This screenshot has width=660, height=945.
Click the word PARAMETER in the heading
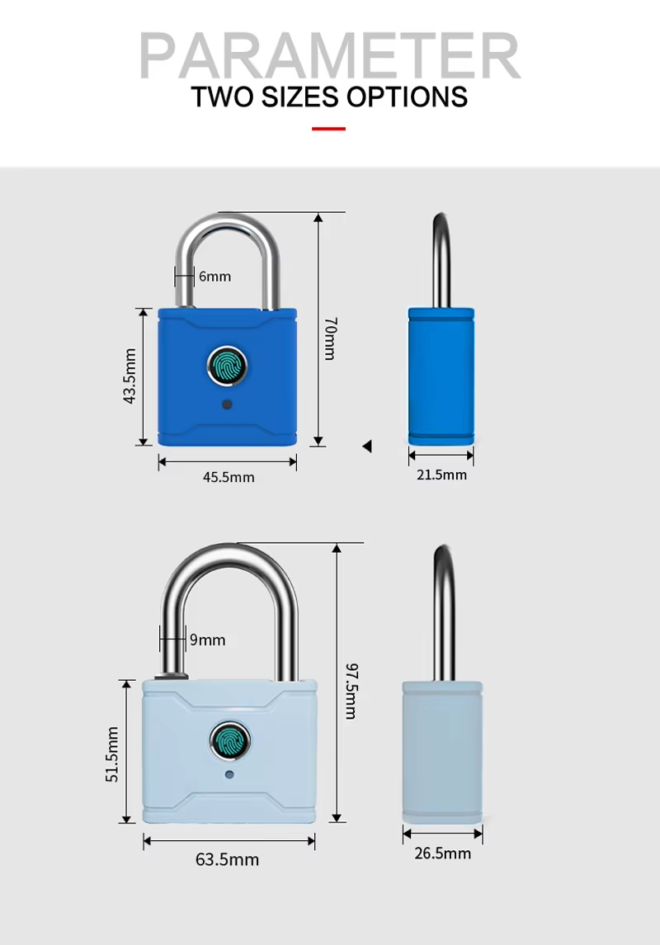(x=330, y=55)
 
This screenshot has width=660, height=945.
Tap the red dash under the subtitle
(x=329, y=129)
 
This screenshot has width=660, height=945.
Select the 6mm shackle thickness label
(x=215, y=276)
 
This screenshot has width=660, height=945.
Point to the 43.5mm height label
(x=129, y=376)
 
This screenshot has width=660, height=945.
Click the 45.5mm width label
(x=229, y=477)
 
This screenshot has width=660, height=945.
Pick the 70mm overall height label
(x=331, y=338)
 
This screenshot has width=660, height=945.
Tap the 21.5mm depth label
(x=441, y=475)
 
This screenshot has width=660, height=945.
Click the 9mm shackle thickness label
(x=208, y=640)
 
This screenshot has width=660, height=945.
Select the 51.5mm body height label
(x=112, y=754)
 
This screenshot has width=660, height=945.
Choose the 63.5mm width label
(x=227, y=859)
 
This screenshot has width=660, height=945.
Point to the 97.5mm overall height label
(x=351, y=691)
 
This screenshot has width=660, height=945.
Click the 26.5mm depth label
(x=442, y=853)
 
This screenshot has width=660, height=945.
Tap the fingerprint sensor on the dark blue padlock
(x=228, y=366)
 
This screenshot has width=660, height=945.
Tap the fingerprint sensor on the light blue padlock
(x=229, y=741)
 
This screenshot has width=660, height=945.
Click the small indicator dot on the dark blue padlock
(x=227, y=404)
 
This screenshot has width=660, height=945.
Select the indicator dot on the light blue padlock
(x=229, y=774)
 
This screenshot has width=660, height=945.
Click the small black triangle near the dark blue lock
(x=367, y=446)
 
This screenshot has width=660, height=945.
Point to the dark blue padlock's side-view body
(x=441, y=376)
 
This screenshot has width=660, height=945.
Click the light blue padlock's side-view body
(x=442, y=752)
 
